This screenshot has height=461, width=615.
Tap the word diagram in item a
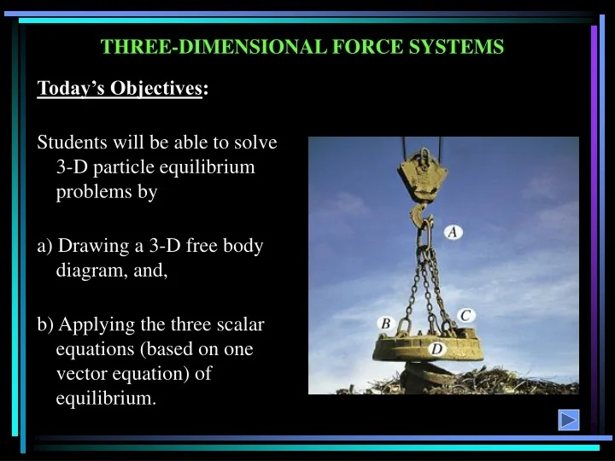(x=90, y=271)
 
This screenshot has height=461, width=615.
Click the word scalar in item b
(x=242, y=324)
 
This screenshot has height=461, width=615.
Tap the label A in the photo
(x=454, y=232)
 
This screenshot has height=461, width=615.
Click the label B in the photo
(x=385, y=324)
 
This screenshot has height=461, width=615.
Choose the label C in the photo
(x=466, y=315)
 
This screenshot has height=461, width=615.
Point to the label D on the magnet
(x=436, y=348)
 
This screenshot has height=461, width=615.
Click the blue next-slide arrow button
(x=569, y=420)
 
